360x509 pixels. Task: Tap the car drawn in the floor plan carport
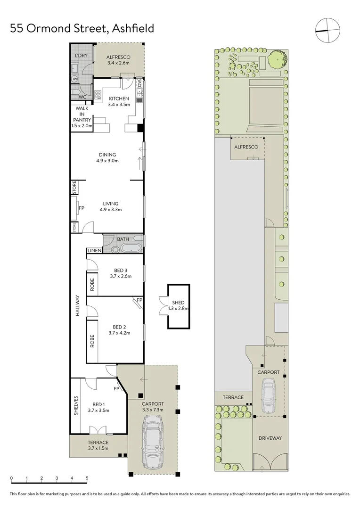pos(154,445)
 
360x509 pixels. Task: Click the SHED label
pos(179,303)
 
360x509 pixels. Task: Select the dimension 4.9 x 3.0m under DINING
pos(107,161)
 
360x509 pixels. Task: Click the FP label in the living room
pos(82,207)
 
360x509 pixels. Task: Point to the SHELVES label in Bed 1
pos(76,405)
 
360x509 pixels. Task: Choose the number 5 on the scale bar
pos(87,478)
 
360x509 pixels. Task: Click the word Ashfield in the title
pos(133,29)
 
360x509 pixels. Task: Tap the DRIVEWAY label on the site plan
pos(270,438)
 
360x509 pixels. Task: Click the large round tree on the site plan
pos(278,60)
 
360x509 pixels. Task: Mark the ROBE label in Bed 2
pos(92,341)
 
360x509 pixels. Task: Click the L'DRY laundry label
pos(82,56)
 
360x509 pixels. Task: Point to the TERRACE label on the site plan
pos(233,397)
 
